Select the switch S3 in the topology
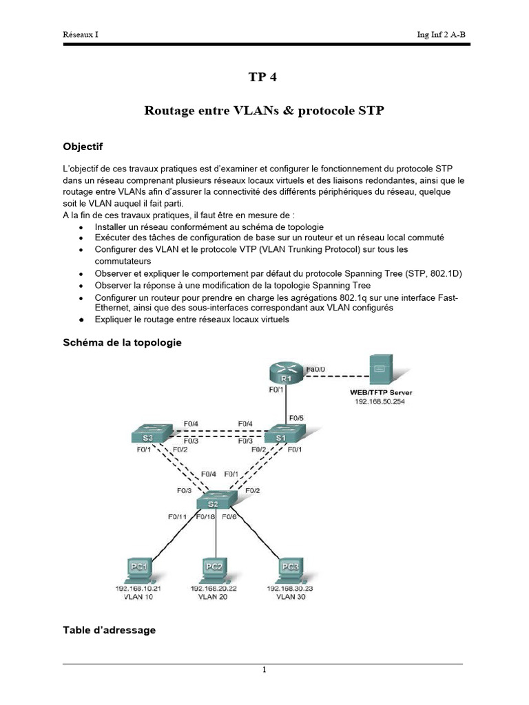click(150, 435)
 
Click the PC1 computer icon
click(138, 570)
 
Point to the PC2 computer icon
click(215, 570)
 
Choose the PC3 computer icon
click(290, 570)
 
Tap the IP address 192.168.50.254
click(380, 401)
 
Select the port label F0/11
click(177, 516)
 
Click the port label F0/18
click(206, 516)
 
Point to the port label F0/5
click(297, 417)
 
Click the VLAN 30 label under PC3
click(290, 597)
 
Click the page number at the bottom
click(264, 671)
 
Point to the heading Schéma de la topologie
click(122, 342)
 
